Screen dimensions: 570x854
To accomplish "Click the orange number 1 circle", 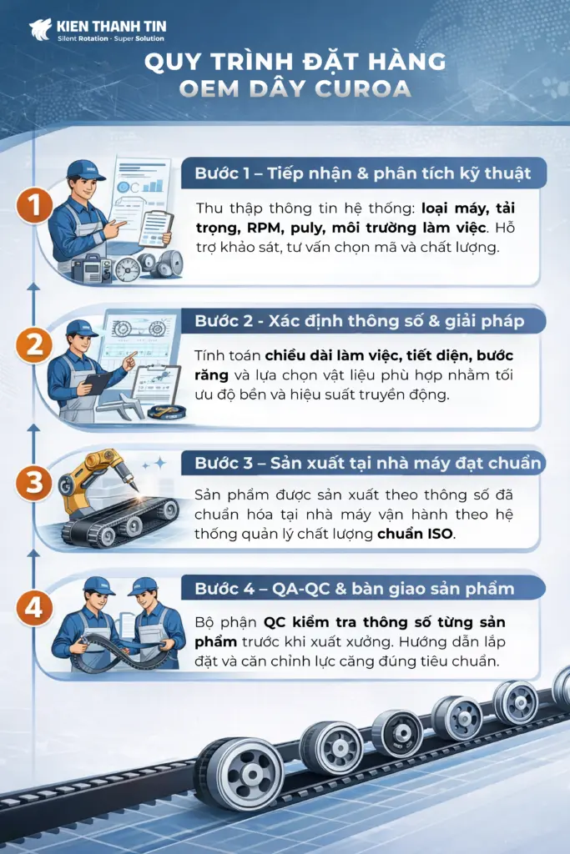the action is pyautogui.click(x=34, y=205).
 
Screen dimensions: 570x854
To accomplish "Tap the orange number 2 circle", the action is pyautogui.click(x=34, y=345).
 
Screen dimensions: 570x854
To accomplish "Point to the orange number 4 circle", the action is pyautogui.click(x=34, y=608).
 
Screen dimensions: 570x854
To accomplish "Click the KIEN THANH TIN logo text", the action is pyautogui.click(x=111, y=26).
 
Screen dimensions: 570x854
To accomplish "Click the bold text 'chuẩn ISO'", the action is pyautogui.click(x=415, y=534).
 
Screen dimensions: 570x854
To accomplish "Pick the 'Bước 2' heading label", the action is pyautogui.click(x=224, y=321).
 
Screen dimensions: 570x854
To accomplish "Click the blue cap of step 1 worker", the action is pyautogui.click(x=86, y=170).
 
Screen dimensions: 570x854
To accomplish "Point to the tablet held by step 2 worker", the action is pyautogui.click(x=98, y=383).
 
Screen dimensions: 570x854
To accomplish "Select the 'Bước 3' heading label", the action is pyautogui.click(x=224, y=463).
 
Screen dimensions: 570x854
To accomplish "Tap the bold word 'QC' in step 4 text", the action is pyautogui.click(x=275, y=622).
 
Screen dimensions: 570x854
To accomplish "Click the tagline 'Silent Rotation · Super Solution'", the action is pyautogui.click(x=111, y=38).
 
